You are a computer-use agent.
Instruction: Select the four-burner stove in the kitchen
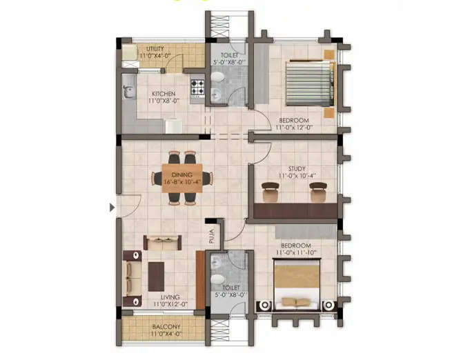coord(198,88)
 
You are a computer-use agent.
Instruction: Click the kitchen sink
coord(129,90)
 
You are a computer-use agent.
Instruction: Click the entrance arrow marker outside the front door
coord(112,207)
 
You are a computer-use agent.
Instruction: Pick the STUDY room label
coord(297,168)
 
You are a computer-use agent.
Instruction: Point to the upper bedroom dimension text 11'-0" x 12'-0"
coord(294,127)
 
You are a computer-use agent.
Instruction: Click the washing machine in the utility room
coord(129,54)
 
